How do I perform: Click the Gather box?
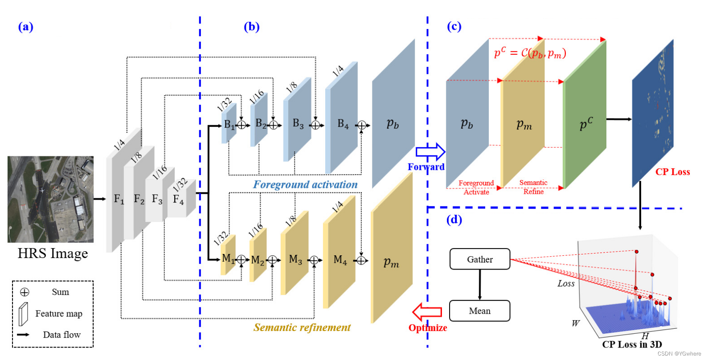click(x=479, y=259)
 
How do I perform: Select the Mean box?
click(x=479, y=311)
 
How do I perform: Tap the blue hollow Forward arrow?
click(x=430, y=152)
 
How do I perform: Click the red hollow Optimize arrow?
click(x=427, y=312)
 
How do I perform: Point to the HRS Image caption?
click(x=53, y=254)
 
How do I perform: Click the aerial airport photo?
click(x=50, y=199)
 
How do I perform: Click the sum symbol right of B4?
click(x=362, y=126)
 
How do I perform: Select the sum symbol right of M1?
click(x=241, y=260)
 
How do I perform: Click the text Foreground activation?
click(x=305, y=184)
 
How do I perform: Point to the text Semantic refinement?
click(x=302, y=327)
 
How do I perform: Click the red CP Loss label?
click(x=672, y=172)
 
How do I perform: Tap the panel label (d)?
click(x=454, y=220)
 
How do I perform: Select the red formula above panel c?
click(x=530, y=53)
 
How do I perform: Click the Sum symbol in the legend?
click(x=25, y=292)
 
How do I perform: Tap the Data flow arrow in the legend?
click(x=23, y=335)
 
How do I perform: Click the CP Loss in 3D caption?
click(x=631, y=344)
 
